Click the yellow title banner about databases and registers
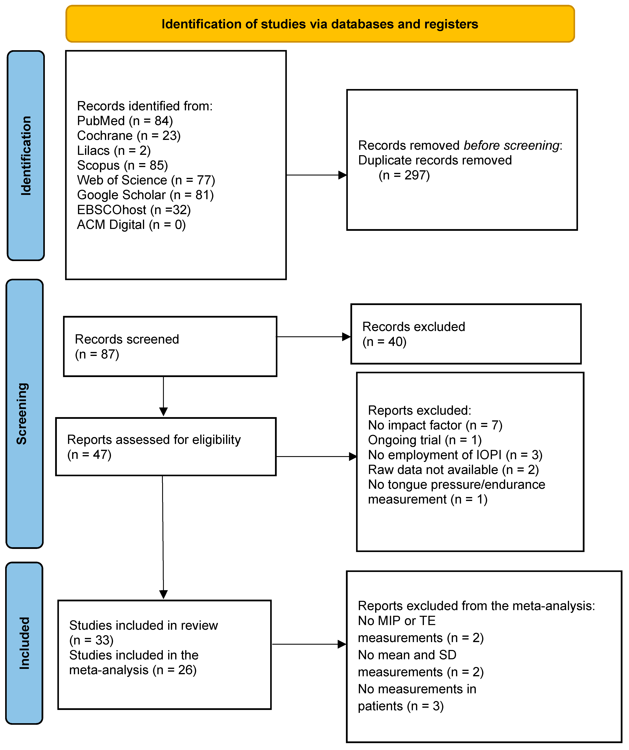click(320, 24)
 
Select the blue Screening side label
click(24, 413)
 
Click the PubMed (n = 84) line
click(125, 121)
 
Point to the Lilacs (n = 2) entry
click(114, 151)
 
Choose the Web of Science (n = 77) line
click(146, 180)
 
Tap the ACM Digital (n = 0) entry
click(131, 225)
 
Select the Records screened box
click(170, 346)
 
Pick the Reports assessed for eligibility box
click(166, 447)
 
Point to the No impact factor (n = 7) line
click(435, 425)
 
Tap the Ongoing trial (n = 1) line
click(425, 440)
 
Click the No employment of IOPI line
click(455, 455)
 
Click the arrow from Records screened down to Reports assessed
click(164, 396)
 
